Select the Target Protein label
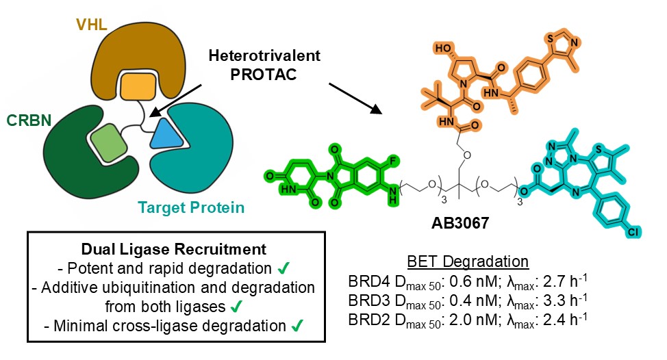click(x=191, y=206)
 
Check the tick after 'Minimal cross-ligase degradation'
click(x=294, y=327)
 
